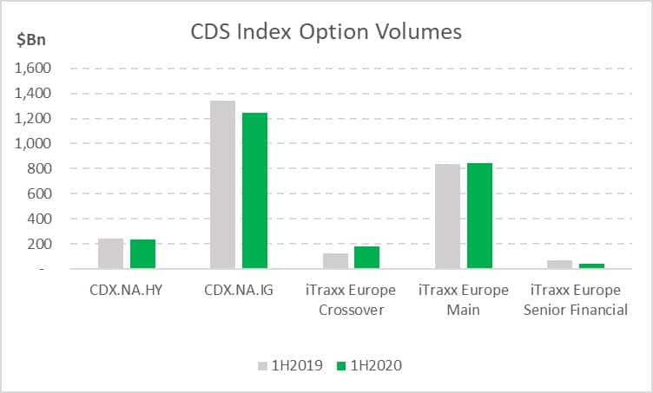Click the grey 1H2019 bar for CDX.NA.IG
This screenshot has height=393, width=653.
pyautogui.click(x=222, y=185)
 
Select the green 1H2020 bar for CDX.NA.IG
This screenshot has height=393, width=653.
pyautogui.click(x=255, y=191)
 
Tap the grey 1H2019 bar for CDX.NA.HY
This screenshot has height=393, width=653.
pyautogui.click(x=111, y=253)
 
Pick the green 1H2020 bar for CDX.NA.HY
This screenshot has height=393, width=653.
pyautogui.click(x=142, y=254)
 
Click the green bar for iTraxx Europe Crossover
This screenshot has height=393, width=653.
pyautogui.click(x=367, y=258)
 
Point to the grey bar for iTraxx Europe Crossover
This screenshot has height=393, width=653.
pyautogui.click(x=336, y=261)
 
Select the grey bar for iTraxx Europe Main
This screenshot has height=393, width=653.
pyautogui.click(x=448, y=216)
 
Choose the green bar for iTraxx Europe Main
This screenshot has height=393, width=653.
pyautogui.click(x=479, y=216)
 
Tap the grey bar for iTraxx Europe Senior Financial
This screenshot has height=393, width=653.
pyautogui.click(x=560, y=265)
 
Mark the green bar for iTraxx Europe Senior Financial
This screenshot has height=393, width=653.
pyautogui.click(x=592, y=266)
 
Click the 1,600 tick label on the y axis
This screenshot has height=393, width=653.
pyautogui.click(x=33, y=68)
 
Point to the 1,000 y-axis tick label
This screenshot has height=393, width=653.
pyautogui.click(x=33, y=143)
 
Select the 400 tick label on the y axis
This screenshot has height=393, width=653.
pyautogui.click(x=40, y=219)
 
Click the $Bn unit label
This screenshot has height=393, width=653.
pyautogui.click(x=31, y=40)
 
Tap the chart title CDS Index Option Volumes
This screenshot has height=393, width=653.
pyautogui.click(x=326, y=32)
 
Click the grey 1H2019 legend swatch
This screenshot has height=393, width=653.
pyautogui.click(x=262, y=366)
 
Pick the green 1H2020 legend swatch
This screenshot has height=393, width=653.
pyautogui.click(x=341, y=366)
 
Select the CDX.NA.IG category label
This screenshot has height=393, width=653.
pyautogui.click(x=239, y=290)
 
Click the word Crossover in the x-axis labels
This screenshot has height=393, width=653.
pyautogui.click(x=351, y=310)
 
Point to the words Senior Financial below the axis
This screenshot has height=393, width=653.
pyautogui.click(x=576, y=310)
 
